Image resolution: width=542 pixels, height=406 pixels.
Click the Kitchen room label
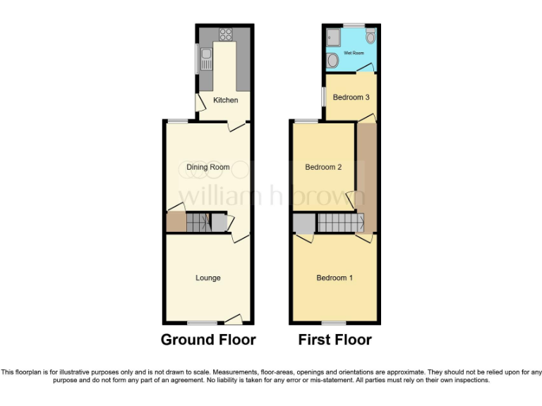226,100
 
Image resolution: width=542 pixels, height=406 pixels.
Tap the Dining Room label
208,167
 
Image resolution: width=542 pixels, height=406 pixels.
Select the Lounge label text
208,278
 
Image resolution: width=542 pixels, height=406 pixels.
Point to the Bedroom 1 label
335,278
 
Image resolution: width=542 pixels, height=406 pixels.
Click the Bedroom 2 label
323,167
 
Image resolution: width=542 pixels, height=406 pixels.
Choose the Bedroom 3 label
351,97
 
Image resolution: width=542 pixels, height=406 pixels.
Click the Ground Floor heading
208,340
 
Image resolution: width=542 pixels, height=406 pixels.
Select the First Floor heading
335,340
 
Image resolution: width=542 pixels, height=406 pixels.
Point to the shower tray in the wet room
333,37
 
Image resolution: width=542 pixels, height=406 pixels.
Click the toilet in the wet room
332,61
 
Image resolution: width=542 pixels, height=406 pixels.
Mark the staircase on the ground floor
198,223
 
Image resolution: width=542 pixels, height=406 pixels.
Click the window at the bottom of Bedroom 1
335,323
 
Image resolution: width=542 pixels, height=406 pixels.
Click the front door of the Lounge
237,319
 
